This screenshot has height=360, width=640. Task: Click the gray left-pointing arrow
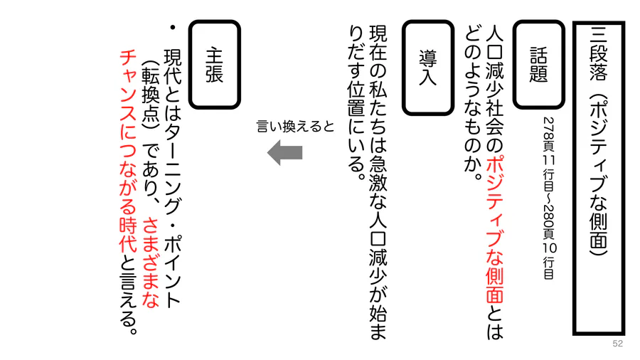click(285, 153)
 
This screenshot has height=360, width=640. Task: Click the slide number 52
click(617, 343)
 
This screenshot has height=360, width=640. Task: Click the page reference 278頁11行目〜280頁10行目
click(549, 198)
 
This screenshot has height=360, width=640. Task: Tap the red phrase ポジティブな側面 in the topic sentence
click(495, 228)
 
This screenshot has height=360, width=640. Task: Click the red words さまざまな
click(150, 262)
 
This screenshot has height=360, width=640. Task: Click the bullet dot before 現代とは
click(173, 28)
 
